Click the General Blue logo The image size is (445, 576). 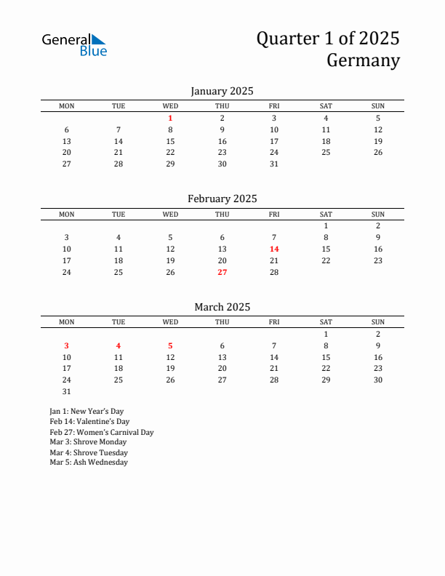[74, 44]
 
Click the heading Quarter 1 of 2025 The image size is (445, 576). [327, 39]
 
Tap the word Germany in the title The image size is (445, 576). [363, 60]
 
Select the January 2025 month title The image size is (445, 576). [222, 91]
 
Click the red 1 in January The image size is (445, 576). [170, 118]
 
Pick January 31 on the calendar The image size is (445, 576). [274, 164]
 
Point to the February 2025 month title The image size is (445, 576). [222, 199]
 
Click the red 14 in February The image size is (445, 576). [274, 249]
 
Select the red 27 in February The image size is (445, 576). [222, 272]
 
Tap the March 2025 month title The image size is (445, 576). [222, 307]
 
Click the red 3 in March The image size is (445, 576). [66, 345]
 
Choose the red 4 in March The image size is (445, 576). [119, 345]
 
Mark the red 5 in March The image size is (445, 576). [170, 345]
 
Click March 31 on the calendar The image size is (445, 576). [66, 391]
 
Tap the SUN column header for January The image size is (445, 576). [378, 106]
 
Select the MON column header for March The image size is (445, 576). [66, 322]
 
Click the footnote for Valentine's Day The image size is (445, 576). [89, 421]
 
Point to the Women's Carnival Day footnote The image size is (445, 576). [102, 432]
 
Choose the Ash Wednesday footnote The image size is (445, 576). [89, 462]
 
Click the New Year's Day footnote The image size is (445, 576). [87, 411]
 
